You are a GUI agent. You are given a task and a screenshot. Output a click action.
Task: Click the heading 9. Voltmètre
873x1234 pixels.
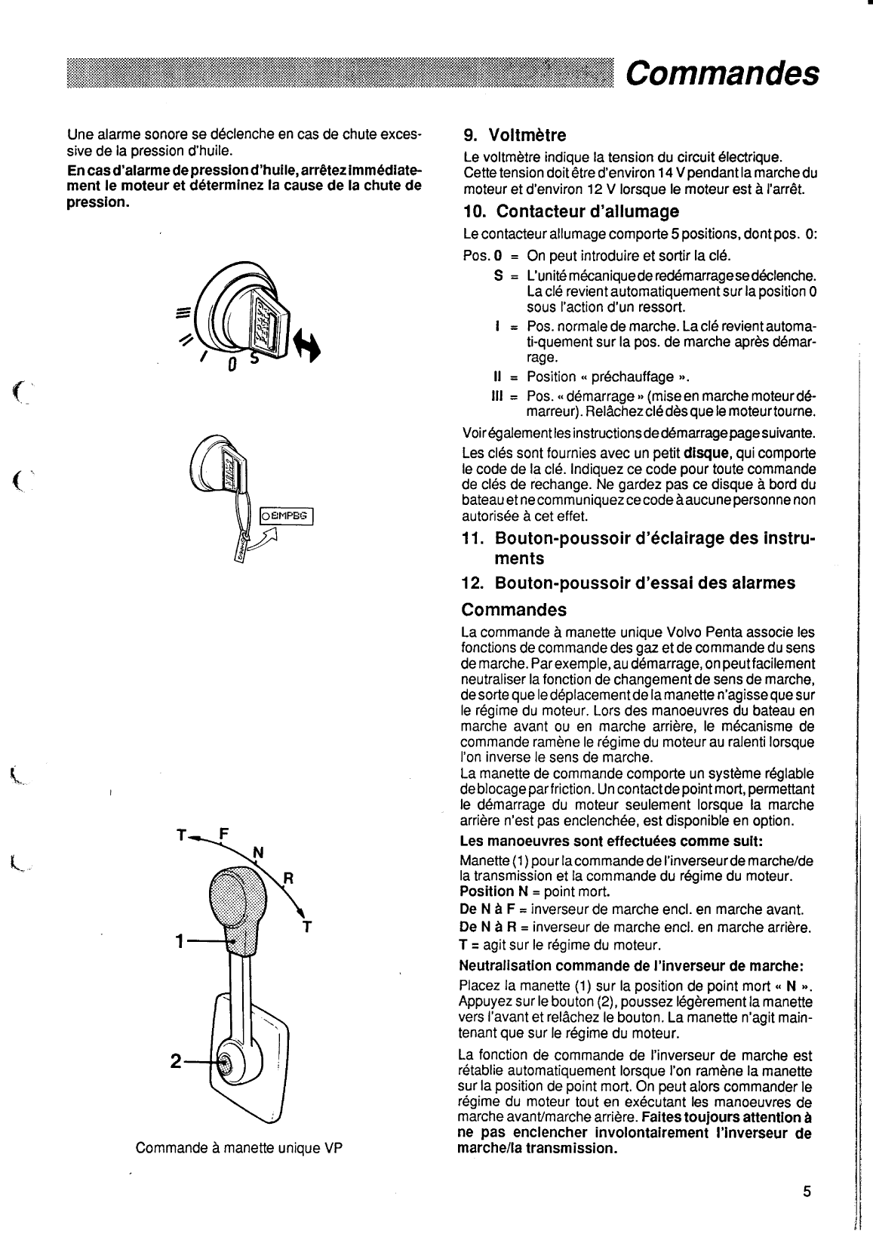tap(514, 136)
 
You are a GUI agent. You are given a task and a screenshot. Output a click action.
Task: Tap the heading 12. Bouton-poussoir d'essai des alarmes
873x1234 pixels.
tap(628, 583)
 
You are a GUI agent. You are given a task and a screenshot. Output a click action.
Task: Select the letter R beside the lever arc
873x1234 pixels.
tap(287, 879)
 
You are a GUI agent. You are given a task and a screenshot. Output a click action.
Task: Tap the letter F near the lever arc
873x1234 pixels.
tap(223, 835)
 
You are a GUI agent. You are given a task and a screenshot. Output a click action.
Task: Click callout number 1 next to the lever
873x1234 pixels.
tap(180, 941)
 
